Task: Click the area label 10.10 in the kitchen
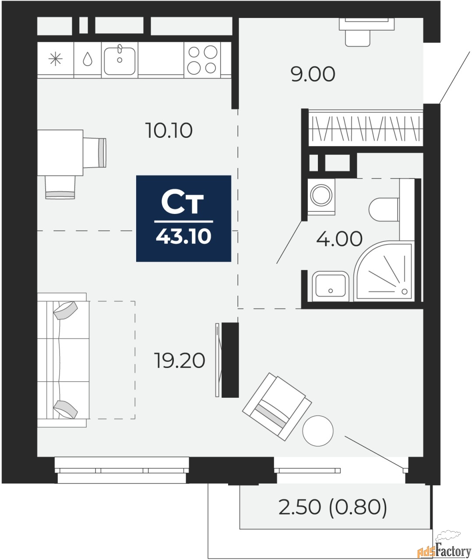(x=169, y=130)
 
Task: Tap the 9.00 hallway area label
(x=313, y=74)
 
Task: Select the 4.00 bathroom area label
(x=339, y=239)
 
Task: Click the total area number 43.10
(x=183, y=237)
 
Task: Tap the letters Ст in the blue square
(x=183, y=201)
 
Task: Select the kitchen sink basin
(x=120, y=61)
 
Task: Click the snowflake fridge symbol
(x=55, y=59)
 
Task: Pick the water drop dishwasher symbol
(x=88, y=59)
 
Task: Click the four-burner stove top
(x=202, y=60)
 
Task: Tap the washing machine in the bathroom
(x=321, y=196)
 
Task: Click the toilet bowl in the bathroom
(x=384, y=210)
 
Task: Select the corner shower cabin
(x=384, y=271)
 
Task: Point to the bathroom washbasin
(x=331, y=286)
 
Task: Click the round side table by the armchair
(x=318, y=431)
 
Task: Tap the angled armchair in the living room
(x=277, y=406)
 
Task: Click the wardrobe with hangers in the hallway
(x=366, y=128)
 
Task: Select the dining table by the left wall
(x=60, y=153)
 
